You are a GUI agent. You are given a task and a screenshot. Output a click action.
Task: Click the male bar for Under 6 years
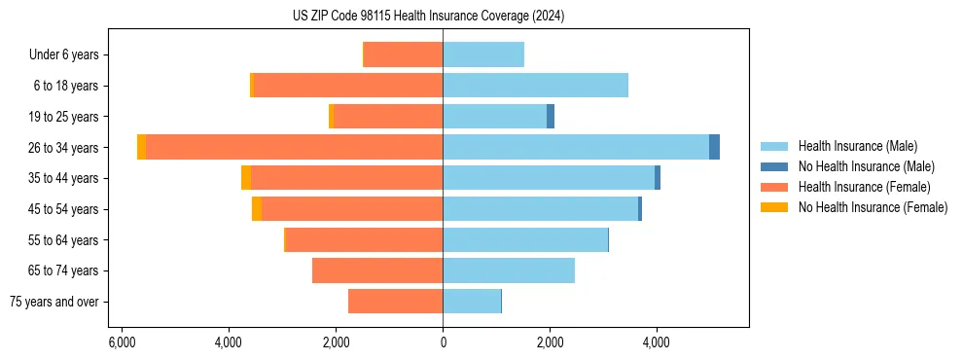pyautogui.click(x=483, y=54)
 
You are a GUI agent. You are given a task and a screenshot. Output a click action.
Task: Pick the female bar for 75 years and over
pyautogui.click(x=395, y=302)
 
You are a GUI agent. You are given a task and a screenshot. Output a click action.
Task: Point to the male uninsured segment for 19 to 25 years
pyautogui.click(x=551, y=117)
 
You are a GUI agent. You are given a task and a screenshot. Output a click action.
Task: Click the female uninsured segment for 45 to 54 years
pyautogui.click(x=257, y=209)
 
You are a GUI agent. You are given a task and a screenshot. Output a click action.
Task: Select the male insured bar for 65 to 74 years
pyautogui.click(x=509, y=270)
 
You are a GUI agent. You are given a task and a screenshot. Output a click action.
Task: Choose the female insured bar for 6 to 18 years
pyautogui.click(x=348, y=86)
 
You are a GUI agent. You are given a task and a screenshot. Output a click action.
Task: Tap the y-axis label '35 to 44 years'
pyautogui.click(x=64, y=178)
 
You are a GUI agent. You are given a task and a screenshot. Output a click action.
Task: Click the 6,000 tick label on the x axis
pyautogui.click(x=122, y=342)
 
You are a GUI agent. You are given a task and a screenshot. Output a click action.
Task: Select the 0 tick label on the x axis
pyautogui.click(x=443, y=342)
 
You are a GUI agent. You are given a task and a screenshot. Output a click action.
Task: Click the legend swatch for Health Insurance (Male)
pyautogui.click(x=774, y=146)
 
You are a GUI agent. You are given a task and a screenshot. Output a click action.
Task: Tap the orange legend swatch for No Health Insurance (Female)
pyautogui.click(x=774, y=207)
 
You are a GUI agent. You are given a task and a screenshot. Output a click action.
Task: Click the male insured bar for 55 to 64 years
pyautogui.click(x=525, y=239)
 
